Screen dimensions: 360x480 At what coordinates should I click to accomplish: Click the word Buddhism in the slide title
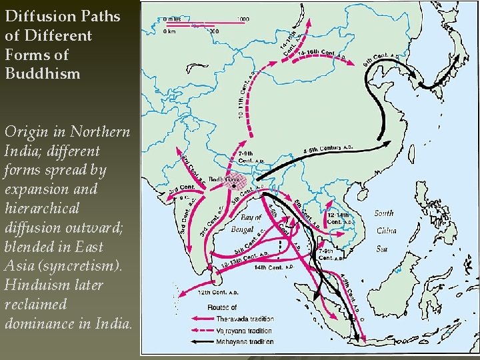(x=42, y=73)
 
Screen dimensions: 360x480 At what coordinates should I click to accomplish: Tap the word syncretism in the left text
(x=77, y=266)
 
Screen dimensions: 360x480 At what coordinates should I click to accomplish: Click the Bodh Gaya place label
(x=224, y=179)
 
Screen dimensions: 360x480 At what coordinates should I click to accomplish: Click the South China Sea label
(x=385, y=231)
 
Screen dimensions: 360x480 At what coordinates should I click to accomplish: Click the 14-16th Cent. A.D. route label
(x=319, y=54)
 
